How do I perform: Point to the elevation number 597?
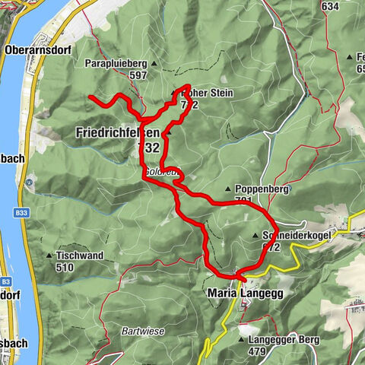(138, 75)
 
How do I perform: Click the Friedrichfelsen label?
(117, 132)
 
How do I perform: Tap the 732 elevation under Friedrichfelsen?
(149, 148)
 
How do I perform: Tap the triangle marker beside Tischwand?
(50, 255)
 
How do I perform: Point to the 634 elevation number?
(329, 6)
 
